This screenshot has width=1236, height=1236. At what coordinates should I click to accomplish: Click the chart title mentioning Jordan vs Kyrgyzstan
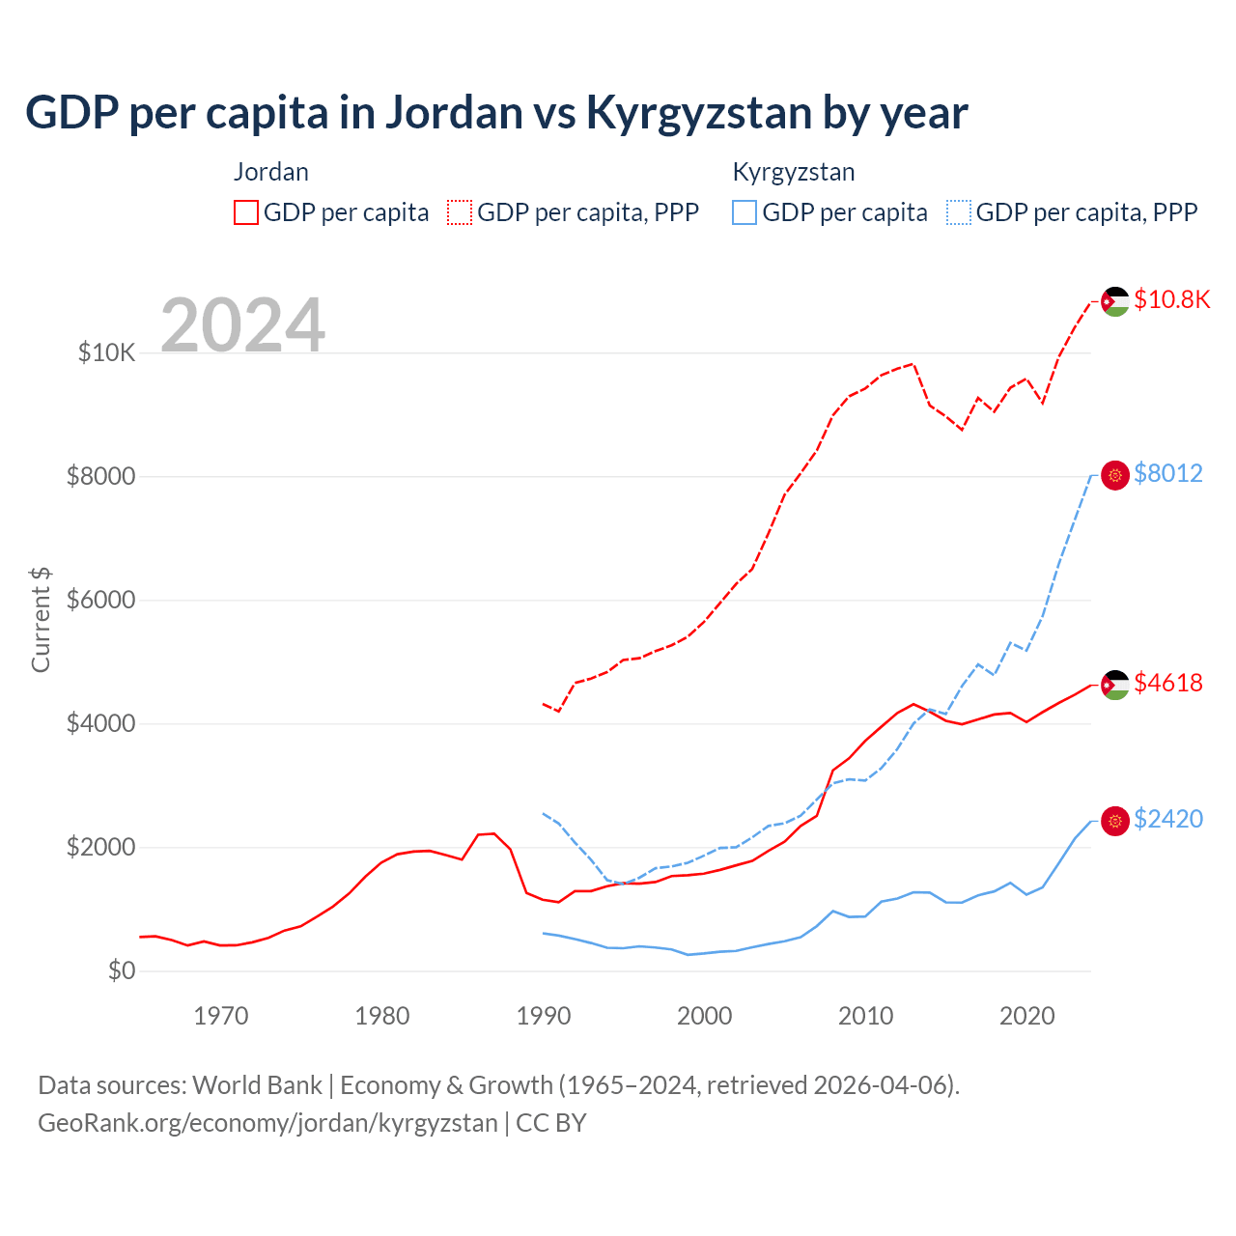pyautogui.click(x=496, y=113)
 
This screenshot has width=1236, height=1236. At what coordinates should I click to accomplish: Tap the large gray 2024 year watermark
pyautogui.click(x=242, y=325)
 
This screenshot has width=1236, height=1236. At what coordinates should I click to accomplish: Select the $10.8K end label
pyautogui.click(x=1171, y=299)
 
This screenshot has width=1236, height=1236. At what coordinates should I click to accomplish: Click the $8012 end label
pyautogui.click(x=1167, y=473)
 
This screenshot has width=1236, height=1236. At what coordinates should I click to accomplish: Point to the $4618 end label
pyautogui.click(x=1167, y=683)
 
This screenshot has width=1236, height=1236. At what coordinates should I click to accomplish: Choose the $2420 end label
pyautogui.click(x=1167, y=819)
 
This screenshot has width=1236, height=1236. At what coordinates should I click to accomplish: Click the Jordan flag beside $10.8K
pyautogui.click(x=1115, y=301)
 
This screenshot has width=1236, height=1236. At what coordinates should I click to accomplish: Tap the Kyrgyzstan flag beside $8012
pyautogui.click(x=1115, y=475)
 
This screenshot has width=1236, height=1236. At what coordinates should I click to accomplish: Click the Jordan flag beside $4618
pyautogui.click(x=1115, y=685)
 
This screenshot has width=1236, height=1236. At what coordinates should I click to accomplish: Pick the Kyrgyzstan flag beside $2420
pyautogui.click(x=1115, y=821)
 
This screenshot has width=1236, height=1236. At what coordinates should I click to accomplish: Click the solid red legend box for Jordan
pyautogui.click(x=246, y=212)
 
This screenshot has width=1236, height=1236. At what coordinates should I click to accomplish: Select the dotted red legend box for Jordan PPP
pyautogui.click(x=460, y=212)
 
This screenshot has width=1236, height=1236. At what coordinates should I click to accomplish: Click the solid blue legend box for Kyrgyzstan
pyautogui.click(x=744, y=212)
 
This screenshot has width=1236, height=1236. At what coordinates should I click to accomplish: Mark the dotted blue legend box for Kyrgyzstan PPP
pyautogui.click(x=959, y=212)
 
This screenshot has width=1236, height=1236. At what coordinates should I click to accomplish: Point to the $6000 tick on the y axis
pyautogui.click(x=100, y=600)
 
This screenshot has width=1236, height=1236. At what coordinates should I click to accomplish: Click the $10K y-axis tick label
pyautogui.click(x=106, y=352)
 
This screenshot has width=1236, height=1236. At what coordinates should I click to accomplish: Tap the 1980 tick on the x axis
pyautogui.click(x=382, y=1016)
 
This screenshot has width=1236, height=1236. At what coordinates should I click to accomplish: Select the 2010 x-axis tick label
pyautogui.click(x=865, y=1016)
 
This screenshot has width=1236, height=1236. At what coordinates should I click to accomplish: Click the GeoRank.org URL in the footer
pyautogui.click(x=267, y=1123)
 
